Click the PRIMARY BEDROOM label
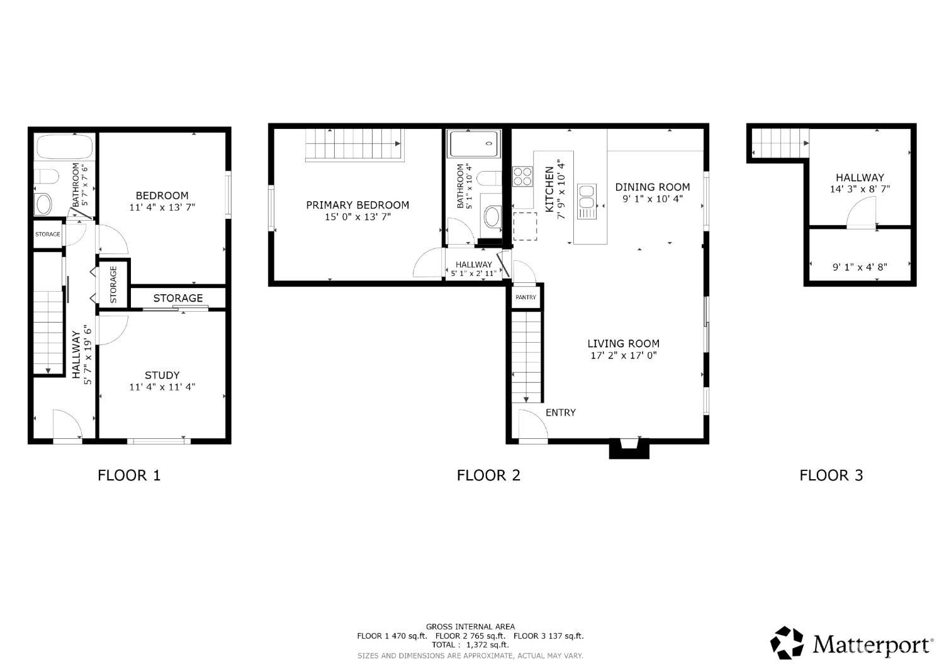pos(357,205)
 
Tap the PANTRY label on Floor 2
pos(526,297)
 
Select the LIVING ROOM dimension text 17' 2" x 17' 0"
pos(623,356)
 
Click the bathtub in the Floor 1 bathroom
pos(65,147)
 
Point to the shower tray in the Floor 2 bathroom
pos(474,144)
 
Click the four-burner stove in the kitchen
pos(522,176)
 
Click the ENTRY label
pos(560,412)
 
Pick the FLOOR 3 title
pos(831,475)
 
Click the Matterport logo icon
pos(787,643)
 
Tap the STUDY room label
pos(162,375)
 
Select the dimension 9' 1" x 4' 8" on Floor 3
pos(860,267)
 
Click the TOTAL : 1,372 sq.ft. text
pos(470,645)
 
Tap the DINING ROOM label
pos(653,187)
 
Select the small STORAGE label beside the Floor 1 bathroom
pos(48,235)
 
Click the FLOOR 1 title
pos(129,475)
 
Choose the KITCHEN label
pos(549,189)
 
